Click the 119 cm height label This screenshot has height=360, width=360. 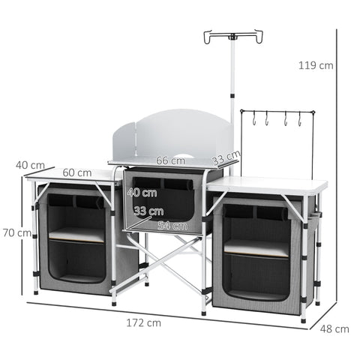pyautogui.click(x=316, y=65)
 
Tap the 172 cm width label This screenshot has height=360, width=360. pyautogui.click(x=143, y=323)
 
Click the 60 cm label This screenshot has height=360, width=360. pyautogui.click(x=77, y=172)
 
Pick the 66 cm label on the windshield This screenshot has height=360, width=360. pyautogui.click(x=171, y=160)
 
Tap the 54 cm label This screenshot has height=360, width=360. pyautogui.click(x=173, y=225)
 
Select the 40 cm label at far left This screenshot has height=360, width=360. pyautogui.click(x=30, y=164)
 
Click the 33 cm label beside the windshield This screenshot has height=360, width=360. pyautogui.click(x=226, y=160)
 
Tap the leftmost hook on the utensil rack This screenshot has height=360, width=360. pyautogui.click(x=256, y=118)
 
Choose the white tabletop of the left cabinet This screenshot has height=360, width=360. pyautogui.click(x=71, y=174)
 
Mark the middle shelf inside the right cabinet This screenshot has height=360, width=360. pyautogui.click(x=256, y=248)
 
